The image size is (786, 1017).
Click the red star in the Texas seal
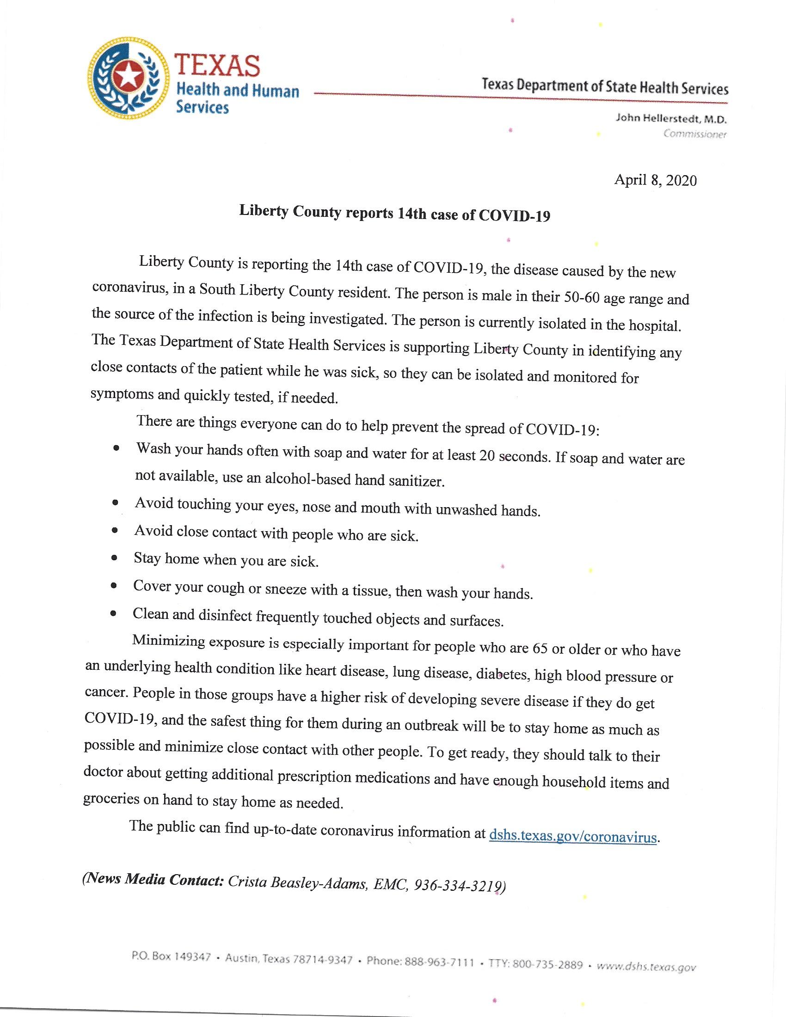128,75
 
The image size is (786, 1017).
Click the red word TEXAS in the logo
217,65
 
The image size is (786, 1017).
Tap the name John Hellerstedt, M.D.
670,119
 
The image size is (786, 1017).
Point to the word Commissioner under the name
695,135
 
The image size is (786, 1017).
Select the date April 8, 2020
655,180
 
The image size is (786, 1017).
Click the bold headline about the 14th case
394,214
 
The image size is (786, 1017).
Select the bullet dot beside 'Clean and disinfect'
113,613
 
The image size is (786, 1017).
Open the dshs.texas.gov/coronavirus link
573,836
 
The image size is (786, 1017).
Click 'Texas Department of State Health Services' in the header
605,86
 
